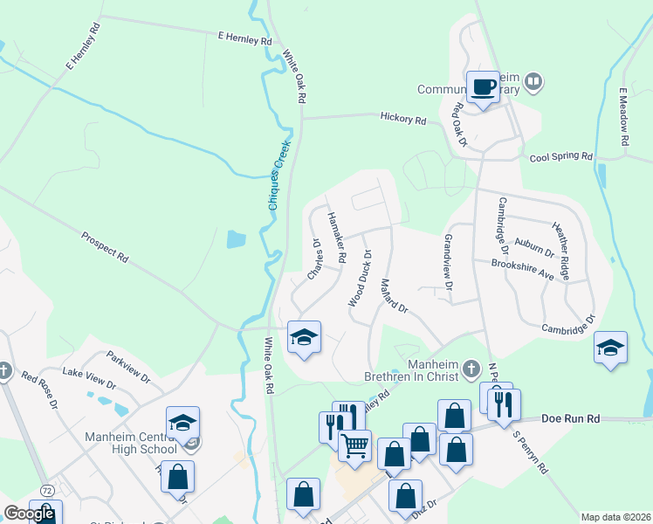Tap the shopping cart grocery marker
coord(355,445)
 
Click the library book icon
coord(533,83)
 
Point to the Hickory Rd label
coord(402,119)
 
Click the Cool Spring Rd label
coord(561,156)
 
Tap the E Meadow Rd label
coord(624,117)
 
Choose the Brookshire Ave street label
coord(523,268)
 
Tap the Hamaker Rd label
coord(337,237)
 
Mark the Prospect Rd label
coord(105,247)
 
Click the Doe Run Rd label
coord(570,419)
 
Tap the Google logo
coord(29,514)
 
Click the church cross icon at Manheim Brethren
coord(471,366)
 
